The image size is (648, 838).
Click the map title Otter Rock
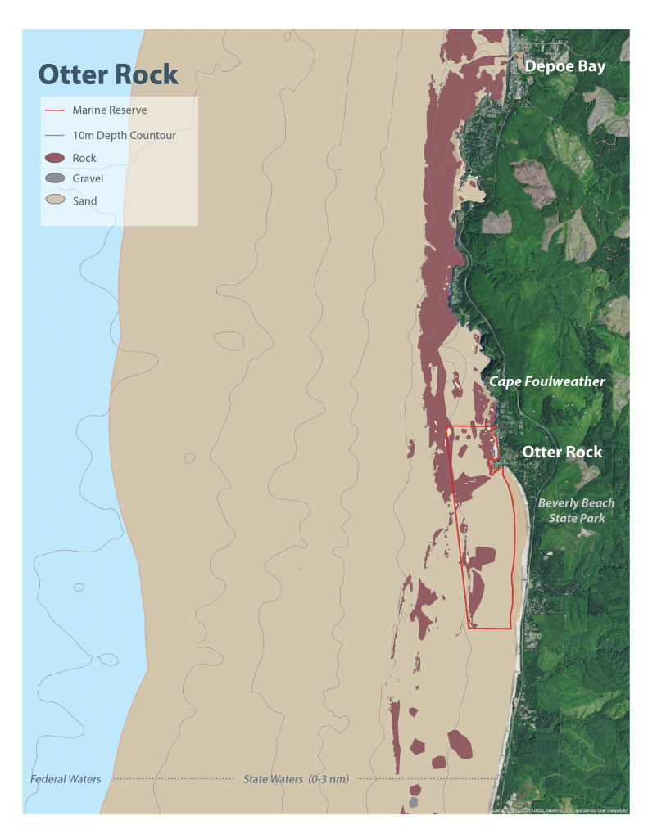coord(108,74)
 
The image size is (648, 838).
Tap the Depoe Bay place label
coord(564,66)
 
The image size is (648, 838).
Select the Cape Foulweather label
coord(547,381)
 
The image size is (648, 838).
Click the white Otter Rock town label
coord(562,452)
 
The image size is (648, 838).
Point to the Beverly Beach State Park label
coord(576,511)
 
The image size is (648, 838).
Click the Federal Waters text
coord(66,779)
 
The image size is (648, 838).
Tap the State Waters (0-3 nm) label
coord(295,779)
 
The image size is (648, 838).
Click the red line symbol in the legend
coord(55,110)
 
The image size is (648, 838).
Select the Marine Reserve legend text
coord(110,110)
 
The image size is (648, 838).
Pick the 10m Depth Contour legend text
coord(124,135)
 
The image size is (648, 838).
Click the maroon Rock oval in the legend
coord(55,158)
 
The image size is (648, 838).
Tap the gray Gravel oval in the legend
coord(55,178)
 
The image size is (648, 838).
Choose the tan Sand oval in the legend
coord(55,200)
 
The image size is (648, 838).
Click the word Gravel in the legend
coord(88,178)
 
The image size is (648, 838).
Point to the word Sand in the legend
coord(84,200)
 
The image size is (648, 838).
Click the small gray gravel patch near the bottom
coord(413,802)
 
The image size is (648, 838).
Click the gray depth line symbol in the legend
coord(55,135)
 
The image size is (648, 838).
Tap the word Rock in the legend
coord(84,158)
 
